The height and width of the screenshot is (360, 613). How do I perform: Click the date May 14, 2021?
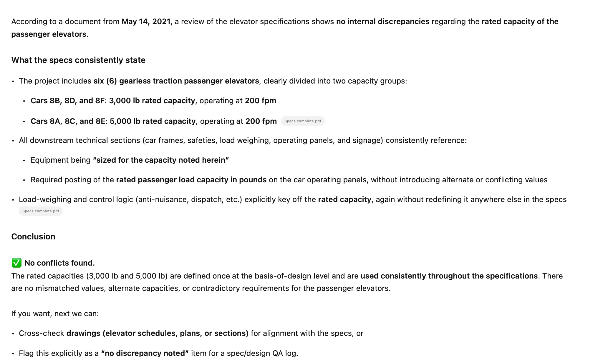146,22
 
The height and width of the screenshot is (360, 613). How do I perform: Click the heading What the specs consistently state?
78,60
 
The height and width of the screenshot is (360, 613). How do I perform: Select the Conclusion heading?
33,237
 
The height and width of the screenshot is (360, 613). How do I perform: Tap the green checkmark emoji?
16,263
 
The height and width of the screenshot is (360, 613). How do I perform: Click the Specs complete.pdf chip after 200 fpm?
303,121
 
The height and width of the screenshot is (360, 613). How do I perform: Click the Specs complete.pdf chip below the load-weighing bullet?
41,211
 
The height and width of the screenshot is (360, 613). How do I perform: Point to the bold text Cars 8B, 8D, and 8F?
68,101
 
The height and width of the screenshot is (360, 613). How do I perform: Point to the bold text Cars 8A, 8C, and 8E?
68,121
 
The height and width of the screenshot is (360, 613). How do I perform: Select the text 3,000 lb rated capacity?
152,101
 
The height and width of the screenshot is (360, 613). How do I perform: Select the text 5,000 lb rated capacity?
153,121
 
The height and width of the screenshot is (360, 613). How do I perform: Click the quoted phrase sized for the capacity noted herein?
161,160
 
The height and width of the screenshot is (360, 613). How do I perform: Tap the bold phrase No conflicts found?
60,263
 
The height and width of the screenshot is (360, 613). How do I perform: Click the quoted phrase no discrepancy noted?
145,353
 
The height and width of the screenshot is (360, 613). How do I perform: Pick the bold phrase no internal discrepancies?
383,22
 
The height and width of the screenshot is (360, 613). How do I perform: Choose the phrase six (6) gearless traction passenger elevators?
176,81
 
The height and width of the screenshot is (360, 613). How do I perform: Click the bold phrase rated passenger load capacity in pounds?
191,180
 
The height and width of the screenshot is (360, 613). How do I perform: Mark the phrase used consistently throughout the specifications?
449,276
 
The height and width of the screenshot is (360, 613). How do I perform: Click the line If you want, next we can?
55,314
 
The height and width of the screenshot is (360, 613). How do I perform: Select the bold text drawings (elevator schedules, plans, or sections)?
158,334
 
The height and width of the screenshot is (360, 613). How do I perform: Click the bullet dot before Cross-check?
13,334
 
